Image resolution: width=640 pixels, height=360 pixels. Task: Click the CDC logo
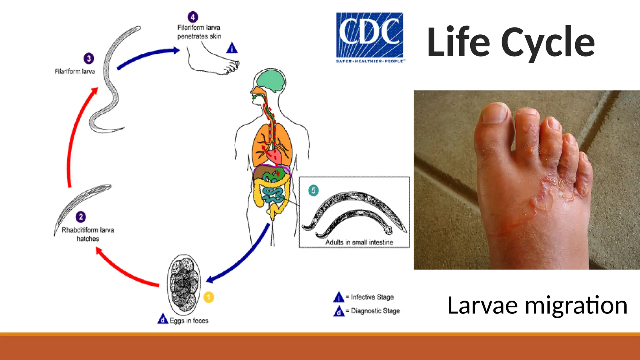click(370, 37)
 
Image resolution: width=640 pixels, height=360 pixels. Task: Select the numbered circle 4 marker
click(193, 17)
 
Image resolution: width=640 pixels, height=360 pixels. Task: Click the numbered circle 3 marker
click(89, 58)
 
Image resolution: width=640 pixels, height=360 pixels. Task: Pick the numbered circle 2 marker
click(81, 217)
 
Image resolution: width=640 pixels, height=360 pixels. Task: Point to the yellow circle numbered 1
click(209, 297)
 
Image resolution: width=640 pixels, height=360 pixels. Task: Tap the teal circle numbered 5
click(313, 190)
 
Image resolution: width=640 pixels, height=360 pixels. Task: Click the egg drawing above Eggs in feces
click(184, 284)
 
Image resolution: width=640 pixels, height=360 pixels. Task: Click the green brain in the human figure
click(271, 80)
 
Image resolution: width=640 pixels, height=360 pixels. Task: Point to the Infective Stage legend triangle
click(339, 297)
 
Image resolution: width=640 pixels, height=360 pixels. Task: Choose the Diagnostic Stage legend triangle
click(339, 311)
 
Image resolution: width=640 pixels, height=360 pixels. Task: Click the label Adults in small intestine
click(359, 242)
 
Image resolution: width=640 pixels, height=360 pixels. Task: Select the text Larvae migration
click(537, 305)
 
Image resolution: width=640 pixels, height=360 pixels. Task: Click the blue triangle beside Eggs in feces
click(163, 319)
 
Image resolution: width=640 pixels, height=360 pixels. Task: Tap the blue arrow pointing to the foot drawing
click(147, 56)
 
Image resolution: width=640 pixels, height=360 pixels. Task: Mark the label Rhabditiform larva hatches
click(88, 234)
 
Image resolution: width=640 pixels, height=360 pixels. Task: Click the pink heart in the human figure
click(275, 156)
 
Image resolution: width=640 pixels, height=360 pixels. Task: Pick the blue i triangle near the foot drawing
click(232, 48)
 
